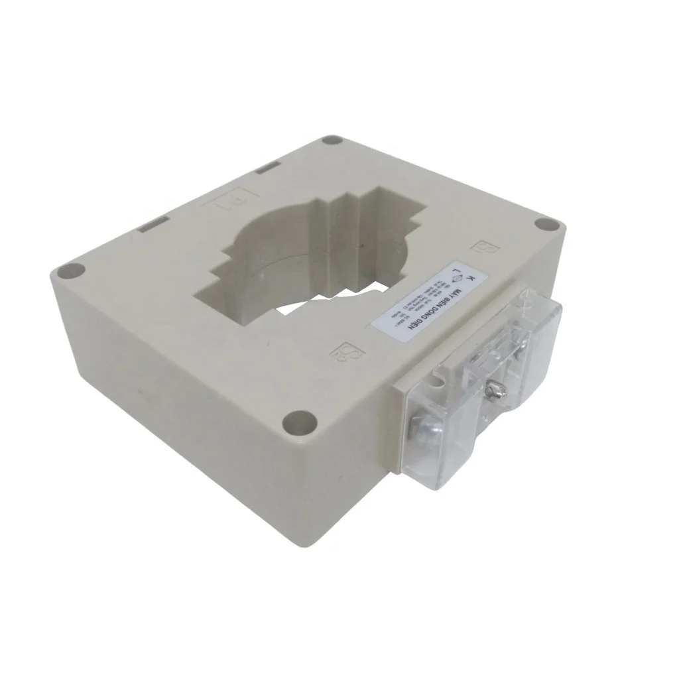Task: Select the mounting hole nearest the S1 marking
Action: (x=549, y=225)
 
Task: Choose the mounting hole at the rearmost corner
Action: (x=332, y=141)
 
